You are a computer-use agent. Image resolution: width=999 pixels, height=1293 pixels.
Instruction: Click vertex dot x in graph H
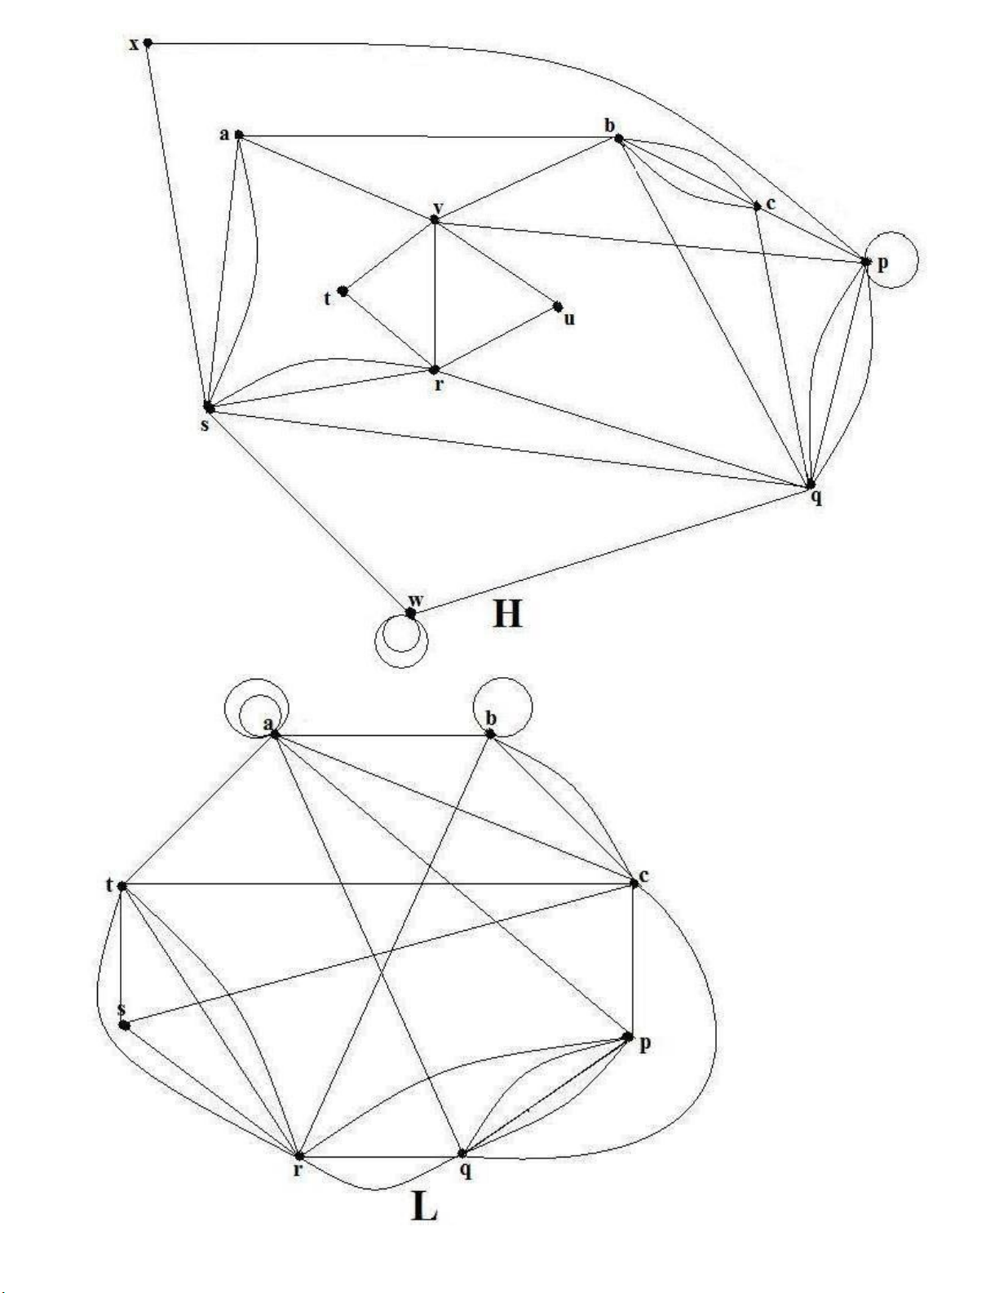[148, 42]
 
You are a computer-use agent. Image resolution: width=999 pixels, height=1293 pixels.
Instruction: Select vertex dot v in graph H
[435, 219]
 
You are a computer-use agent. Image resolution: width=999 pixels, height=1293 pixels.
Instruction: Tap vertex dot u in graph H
[558, 307]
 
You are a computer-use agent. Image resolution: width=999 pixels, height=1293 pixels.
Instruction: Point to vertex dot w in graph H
[411, 612]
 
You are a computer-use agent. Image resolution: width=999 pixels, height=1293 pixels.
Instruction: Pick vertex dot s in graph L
[124, 1025]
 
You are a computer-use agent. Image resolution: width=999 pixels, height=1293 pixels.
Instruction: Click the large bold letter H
[506, 613]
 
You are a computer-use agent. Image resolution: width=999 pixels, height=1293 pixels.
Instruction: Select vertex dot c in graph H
[758, 206]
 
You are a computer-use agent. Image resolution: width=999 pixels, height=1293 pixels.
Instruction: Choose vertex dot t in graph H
[343, 290]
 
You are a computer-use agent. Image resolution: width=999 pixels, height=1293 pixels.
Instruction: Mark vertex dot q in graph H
[810, 485]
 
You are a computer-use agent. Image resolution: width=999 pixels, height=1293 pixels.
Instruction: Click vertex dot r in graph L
[299, 1156]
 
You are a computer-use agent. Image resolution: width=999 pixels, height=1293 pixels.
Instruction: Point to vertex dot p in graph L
[627, 1037]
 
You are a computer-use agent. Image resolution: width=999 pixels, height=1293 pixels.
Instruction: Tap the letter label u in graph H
[569, 319]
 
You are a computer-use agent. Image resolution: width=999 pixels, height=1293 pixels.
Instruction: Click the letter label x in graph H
[135, 43]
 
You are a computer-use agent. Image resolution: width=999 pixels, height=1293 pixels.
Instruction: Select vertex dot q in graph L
[462, 1154]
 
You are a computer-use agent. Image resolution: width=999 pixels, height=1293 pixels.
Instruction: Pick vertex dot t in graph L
[122, 886]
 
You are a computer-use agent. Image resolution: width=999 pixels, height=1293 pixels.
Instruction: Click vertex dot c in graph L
[634, 883]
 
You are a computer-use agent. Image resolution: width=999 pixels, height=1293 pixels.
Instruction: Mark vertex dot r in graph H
[435, 370]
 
